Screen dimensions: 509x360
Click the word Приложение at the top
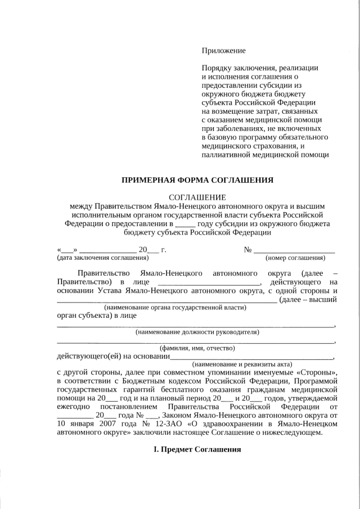point(224,51)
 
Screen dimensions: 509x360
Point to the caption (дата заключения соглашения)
point(103,258)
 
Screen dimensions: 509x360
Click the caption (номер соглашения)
point(295,258)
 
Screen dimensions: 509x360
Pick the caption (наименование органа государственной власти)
point(175,308)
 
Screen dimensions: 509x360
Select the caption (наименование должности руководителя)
point(197,332)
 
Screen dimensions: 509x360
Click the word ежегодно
point(73,407)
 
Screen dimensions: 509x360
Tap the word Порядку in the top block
point(217,68)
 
